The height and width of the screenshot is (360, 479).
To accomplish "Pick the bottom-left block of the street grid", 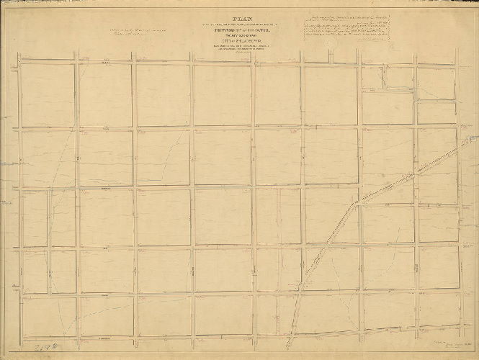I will pyautogui.click(x=48, y=317).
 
